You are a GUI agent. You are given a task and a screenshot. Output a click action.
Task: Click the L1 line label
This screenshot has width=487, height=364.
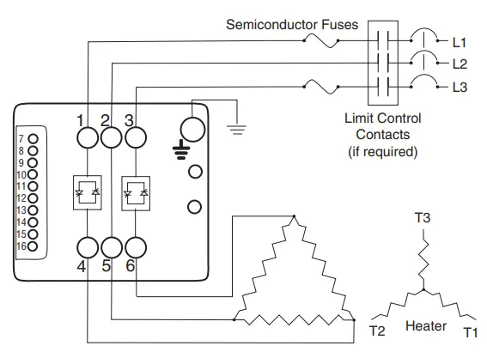pos(460,40)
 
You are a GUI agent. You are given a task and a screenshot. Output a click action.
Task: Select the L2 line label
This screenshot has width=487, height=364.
pos(460,64)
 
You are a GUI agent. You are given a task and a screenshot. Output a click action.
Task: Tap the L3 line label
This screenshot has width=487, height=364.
pos(460,87)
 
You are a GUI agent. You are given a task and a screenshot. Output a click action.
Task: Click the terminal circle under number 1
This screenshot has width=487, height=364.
pos(88,137)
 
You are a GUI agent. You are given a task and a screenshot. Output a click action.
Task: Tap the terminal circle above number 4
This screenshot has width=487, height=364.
pos(88,247)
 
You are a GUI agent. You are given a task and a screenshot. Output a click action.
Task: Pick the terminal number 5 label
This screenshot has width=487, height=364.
pos(107,266)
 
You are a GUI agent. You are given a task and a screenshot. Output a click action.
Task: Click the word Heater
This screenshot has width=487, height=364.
pos(426,327)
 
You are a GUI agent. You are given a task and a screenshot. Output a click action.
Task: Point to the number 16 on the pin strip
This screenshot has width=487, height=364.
pos(21,246)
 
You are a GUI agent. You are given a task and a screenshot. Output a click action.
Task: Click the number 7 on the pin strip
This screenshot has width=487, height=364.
pos(21,138)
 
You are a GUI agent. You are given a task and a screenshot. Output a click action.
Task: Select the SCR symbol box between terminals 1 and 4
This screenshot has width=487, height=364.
pos(88,191)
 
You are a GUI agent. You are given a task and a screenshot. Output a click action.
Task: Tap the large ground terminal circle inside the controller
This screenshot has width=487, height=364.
pos(193,130)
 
